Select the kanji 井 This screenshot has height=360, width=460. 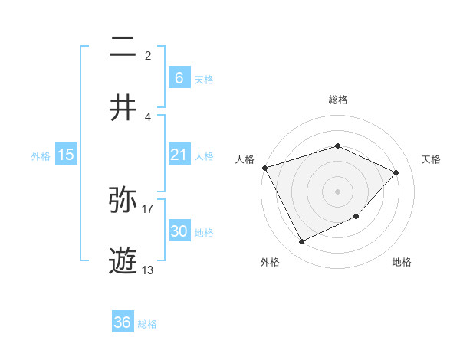point(123,107)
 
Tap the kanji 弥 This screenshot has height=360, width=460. point(123,201)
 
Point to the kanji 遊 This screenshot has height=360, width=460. point(123,260)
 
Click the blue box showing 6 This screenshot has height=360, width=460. point(179,77)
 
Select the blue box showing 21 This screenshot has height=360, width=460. point(179,155)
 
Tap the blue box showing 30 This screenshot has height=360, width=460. point(179,231)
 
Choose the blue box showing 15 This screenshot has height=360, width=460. point(66,155)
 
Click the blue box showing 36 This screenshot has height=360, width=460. point(123,322)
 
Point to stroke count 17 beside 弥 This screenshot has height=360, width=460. point(148,208)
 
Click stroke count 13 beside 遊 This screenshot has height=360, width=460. point(148,270)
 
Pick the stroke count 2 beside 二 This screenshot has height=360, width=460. point(148,56)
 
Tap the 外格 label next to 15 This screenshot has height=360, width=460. point(41,155)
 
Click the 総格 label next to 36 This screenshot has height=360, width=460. point(147,324)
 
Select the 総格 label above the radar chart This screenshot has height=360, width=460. point(337,100)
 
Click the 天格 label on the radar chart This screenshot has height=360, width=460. point(431,159)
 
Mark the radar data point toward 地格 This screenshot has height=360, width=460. point(356,217)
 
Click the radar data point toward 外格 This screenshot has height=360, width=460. point(301,242)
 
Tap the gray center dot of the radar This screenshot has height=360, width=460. point(337,191)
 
